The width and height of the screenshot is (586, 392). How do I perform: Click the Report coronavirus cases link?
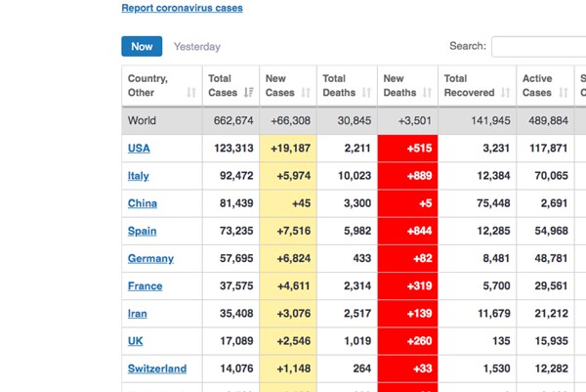click(182, 9)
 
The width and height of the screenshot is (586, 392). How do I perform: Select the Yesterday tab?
click(196, 47)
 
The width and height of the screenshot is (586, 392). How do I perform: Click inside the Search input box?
click(537, 47)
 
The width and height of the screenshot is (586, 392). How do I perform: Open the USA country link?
click(139, 149)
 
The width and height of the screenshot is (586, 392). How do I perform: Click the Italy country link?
click(139, 176)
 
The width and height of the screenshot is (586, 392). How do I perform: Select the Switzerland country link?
click(157, 369)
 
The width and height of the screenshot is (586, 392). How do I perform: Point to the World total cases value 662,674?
click(233, 121)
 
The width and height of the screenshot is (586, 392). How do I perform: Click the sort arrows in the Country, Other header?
click(191, 93)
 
